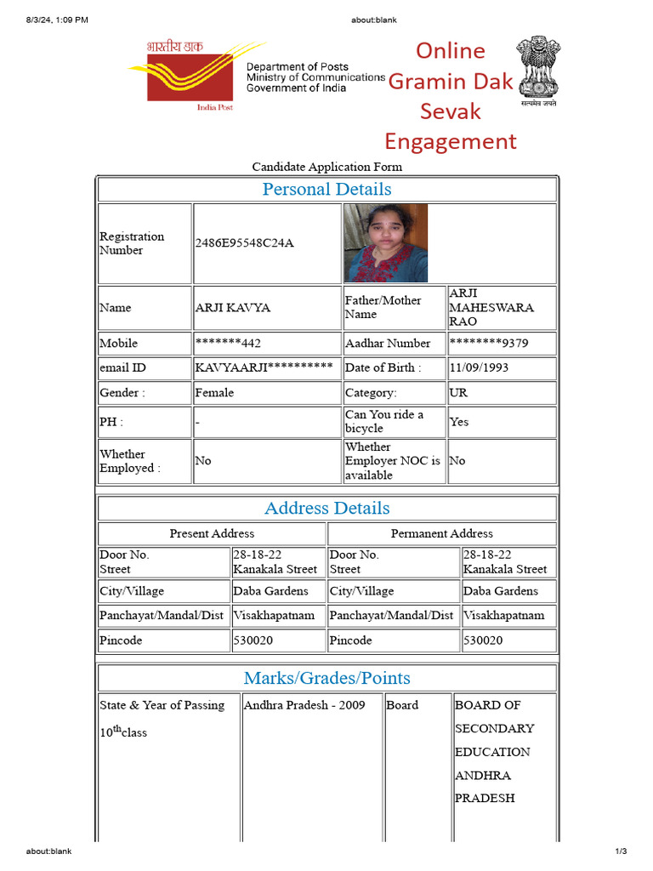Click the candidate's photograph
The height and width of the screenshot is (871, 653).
[386, 242]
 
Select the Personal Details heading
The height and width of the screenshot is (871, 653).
[326, 189]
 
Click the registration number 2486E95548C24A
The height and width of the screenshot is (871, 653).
[244, 243]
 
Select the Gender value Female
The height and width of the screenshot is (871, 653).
[214, 393]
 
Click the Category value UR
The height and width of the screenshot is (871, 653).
[458, 393]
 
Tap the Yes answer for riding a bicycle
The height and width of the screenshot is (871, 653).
[459, 422]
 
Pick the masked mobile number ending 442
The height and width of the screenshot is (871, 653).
[228, 344]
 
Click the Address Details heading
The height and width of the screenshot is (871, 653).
[326, 508]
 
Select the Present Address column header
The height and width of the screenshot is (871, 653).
[212, 533]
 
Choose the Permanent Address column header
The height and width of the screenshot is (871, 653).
[441, 533]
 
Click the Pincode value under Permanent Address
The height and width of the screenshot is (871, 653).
[483, 640]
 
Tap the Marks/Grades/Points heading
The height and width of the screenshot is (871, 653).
[326, 678]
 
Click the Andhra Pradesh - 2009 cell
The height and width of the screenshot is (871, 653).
[304, 705]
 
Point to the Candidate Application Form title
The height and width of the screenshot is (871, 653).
[326, 167]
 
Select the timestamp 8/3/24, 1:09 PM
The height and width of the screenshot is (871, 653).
[57, 20]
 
